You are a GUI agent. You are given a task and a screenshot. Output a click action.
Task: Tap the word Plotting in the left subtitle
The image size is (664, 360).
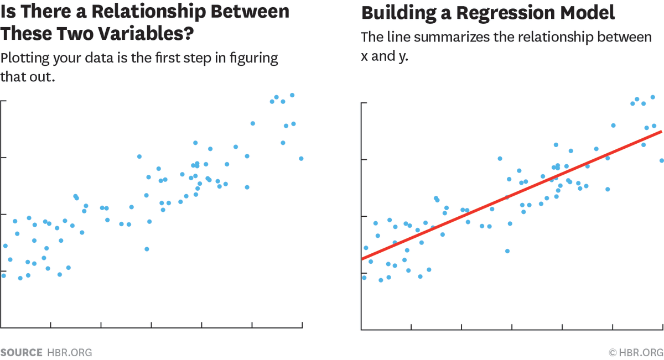(x=27, y=58)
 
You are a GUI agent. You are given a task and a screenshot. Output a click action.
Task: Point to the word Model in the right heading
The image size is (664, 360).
(x=587, y=12)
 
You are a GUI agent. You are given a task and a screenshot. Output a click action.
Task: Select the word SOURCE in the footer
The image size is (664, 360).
(x=21, y=352)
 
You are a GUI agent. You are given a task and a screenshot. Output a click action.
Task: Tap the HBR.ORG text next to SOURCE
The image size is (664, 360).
(x=69, y=352)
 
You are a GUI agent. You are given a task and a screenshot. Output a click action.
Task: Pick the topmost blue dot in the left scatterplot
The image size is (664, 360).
(x=292, y=95)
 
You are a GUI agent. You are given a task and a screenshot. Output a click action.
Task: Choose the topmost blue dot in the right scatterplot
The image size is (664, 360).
(x=652, y=97)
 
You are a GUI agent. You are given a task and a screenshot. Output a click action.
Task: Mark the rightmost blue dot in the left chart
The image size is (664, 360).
(x=301, y=158)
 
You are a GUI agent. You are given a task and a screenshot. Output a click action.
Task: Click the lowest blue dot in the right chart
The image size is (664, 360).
(x=381, y=280)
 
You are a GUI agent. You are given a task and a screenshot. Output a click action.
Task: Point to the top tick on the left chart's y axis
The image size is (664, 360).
(x=3, y=101)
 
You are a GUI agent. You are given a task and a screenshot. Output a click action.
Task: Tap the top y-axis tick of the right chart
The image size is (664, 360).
(x=364, y=103)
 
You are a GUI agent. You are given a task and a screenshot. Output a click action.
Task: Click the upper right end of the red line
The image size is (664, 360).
(x=661, y=132)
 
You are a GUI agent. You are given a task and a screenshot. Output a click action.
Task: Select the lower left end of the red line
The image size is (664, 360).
(x=362, y=258)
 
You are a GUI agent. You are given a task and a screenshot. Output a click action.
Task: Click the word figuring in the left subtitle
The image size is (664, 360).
(x=257, y=58)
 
